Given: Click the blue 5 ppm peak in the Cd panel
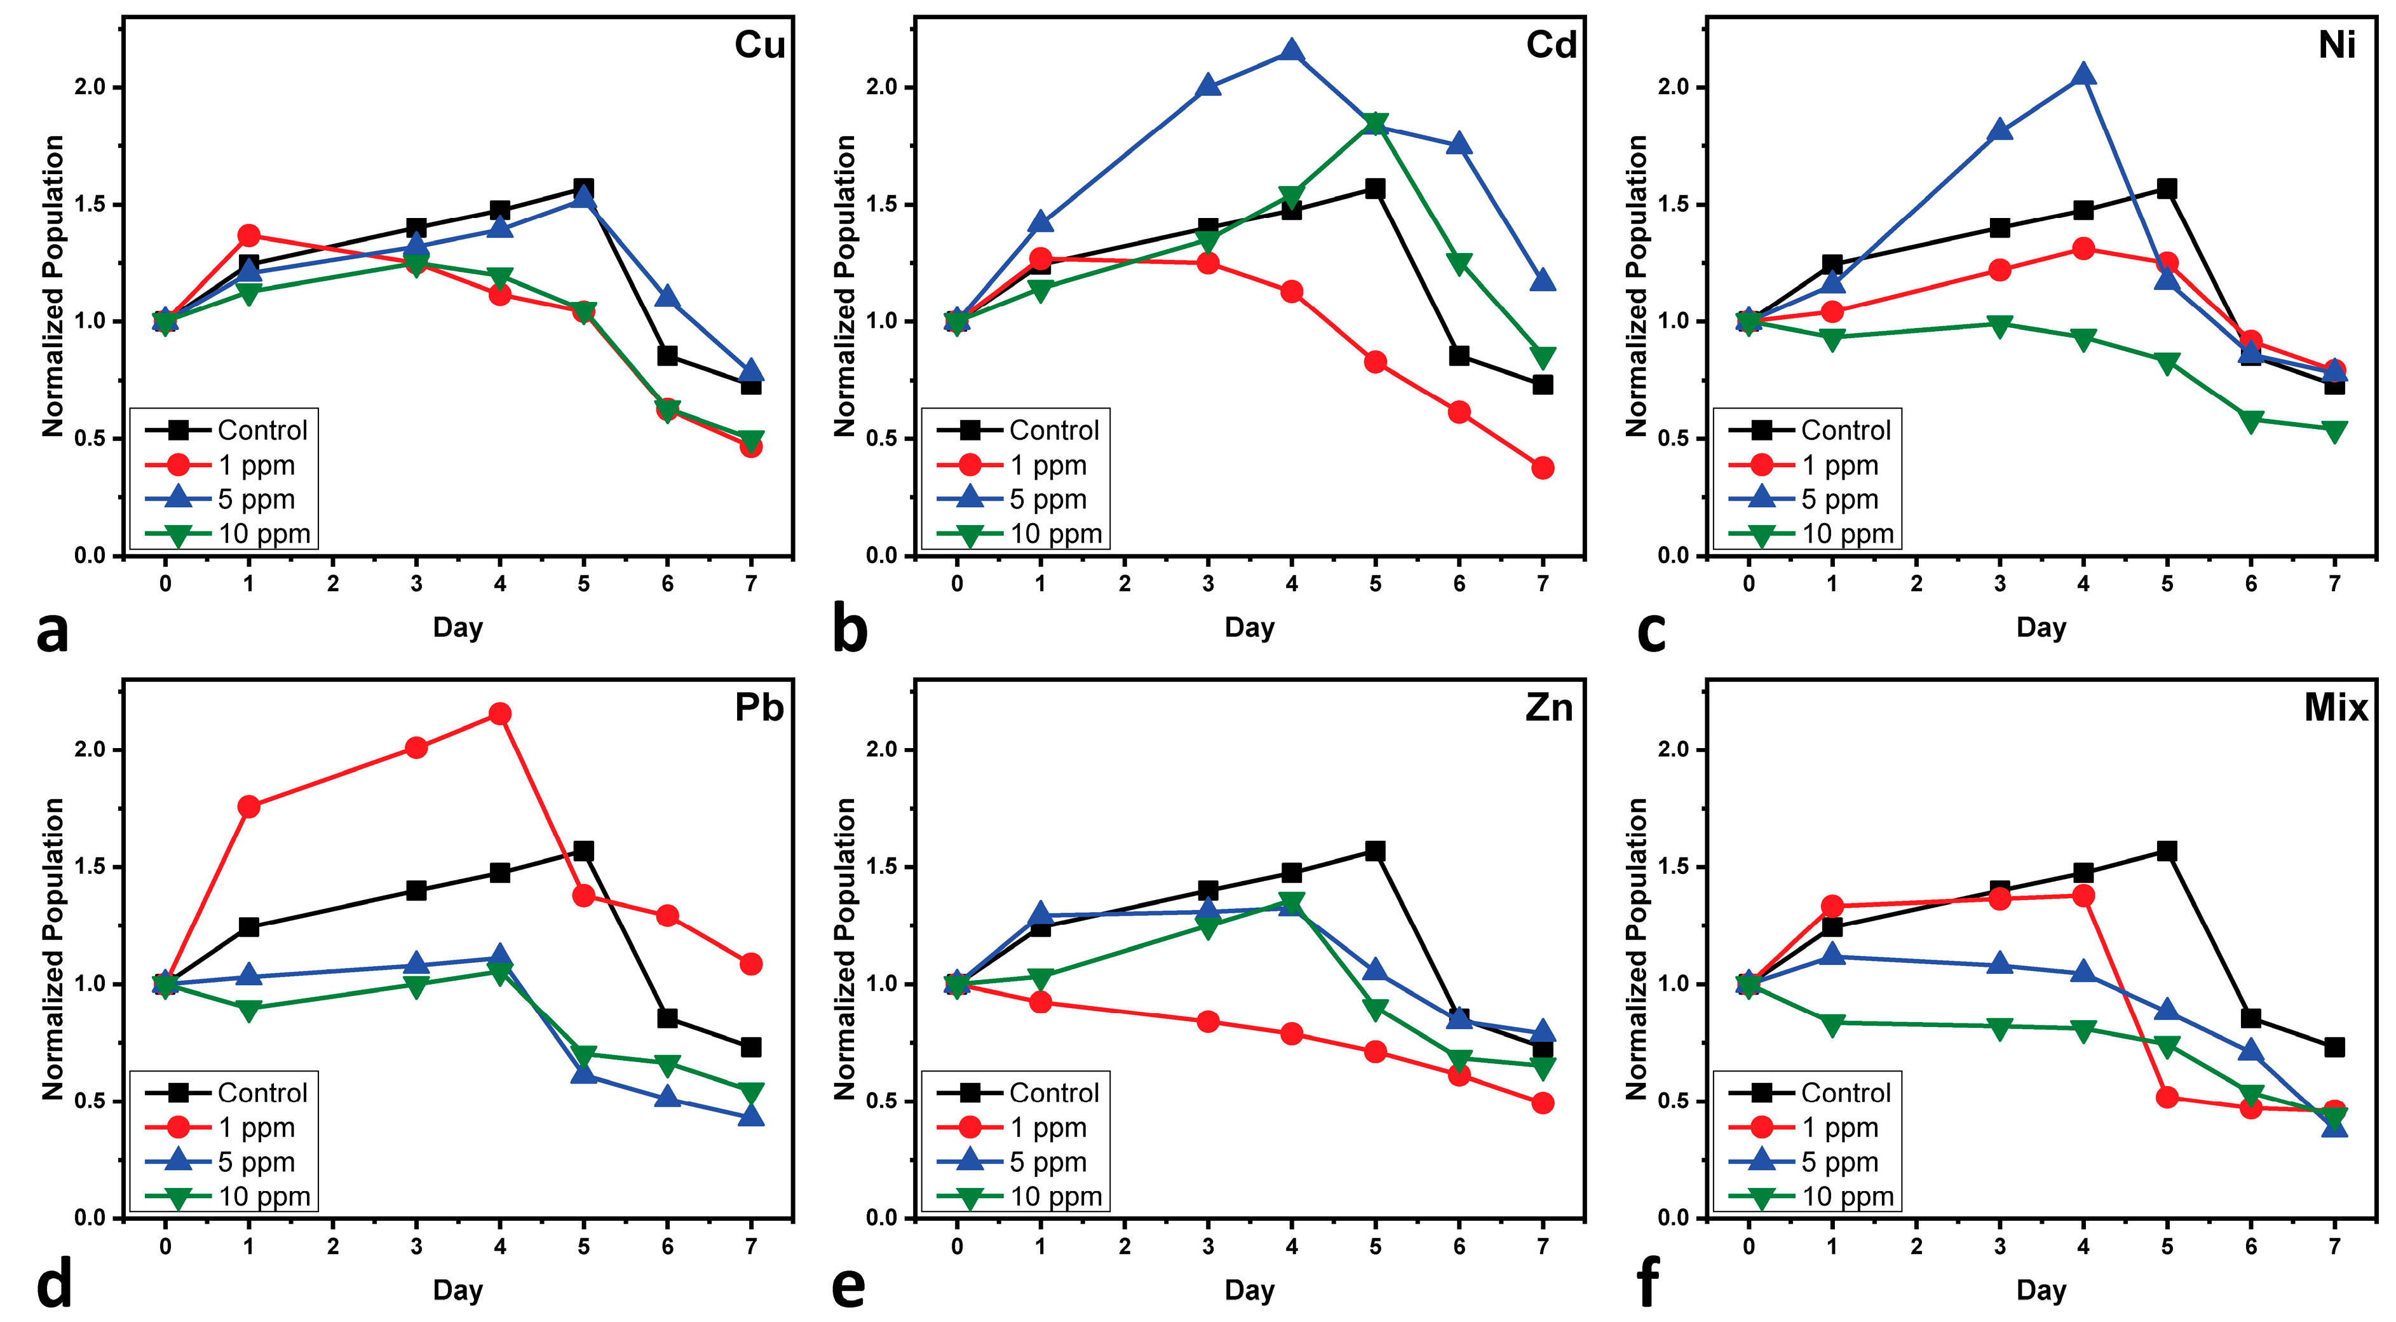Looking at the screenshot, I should [1291, 51].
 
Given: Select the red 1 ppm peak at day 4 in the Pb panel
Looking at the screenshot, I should [499, 714].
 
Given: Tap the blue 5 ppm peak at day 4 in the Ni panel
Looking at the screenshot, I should [2083, 74].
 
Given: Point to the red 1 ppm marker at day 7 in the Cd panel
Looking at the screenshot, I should [1542, 468].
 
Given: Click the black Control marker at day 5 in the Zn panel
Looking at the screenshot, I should [1375, 851].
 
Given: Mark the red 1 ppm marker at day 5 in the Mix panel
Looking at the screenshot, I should [2167, 1097].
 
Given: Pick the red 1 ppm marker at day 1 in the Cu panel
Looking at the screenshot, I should [248, 235].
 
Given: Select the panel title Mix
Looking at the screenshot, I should [2336, 708].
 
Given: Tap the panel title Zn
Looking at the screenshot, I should [1548, 708].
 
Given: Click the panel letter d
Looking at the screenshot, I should [54, 1286].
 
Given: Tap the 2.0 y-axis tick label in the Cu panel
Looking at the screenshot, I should [91, 88].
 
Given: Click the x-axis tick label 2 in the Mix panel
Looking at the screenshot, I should [1916, 1246].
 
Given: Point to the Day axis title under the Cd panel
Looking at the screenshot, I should [1249, 628].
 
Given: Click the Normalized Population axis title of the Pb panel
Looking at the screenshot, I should [53, 949].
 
